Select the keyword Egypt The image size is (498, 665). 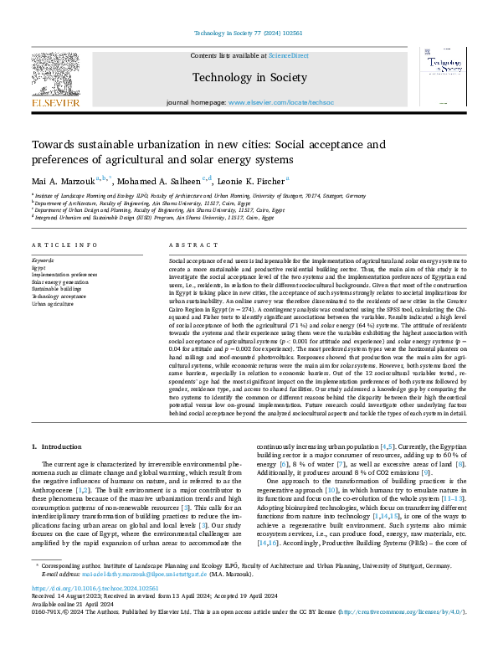tap(39, 268)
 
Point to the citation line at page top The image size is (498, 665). tap(248, 33)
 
